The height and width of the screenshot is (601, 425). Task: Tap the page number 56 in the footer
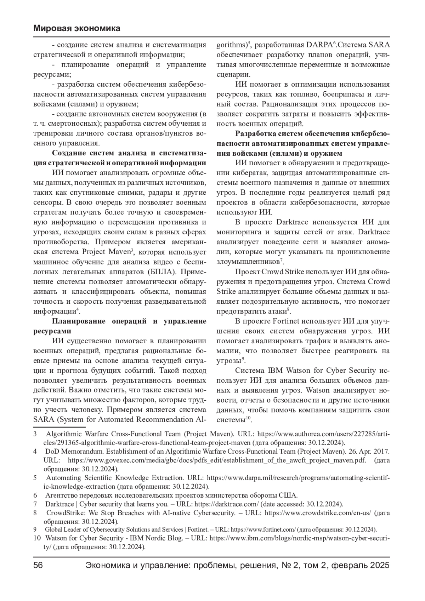point(38,565)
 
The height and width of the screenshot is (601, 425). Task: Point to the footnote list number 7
point(35,504)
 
